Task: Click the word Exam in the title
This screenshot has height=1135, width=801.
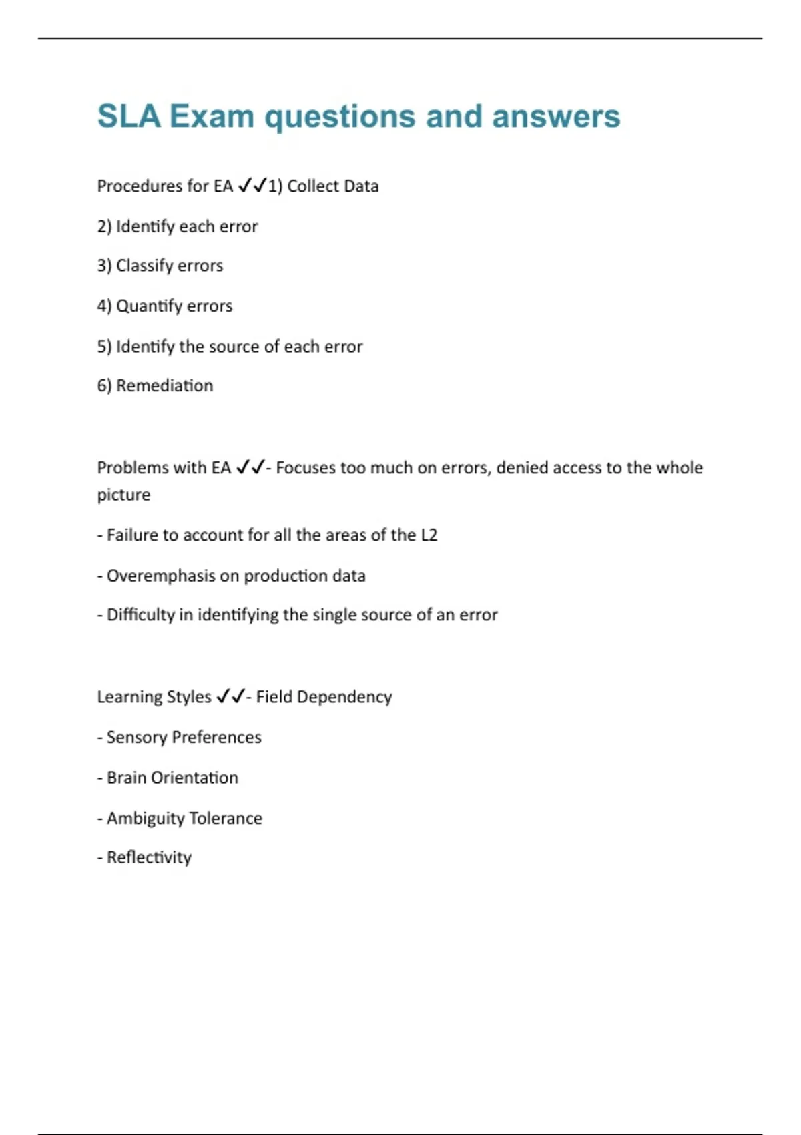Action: click(212, 116)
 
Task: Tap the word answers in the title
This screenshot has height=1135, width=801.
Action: click(556, 116)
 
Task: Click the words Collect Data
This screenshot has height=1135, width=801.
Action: click(332, 186)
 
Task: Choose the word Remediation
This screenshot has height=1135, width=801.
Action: click(164, 385)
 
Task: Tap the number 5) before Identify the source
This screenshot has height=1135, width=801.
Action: click(104, 347)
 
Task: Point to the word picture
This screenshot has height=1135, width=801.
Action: click(123, 495)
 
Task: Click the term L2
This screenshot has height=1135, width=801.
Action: click(429, 535)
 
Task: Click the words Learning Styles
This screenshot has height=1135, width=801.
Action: click(154, 697)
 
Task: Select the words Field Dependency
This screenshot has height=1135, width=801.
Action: click(324, 697)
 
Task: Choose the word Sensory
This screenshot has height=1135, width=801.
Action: click(136, 737)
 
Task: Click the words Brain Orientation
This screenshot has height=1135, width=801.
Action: click(172, 778)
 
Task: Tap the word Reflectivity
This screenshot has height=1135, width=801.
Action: click(149, 857)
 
